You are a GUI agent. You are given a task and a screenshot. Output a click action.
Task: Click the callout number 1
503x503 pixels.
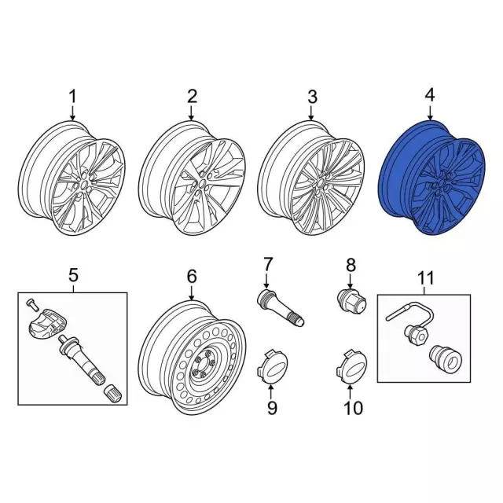click(73, 97)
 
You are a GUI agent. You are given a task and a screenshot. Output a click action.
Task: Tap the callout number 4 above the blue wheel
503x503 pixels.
click(430, 96)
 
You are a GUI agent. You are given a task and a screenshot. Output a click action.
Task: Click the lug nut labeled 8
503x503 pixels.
click(353, 301)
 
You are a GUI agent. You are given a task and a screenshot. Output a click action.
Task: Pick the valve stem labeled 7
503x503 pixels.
click(281, 308)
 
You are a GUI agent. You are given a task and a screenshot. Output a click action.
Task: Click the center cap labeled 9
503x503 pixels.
click(272, 367)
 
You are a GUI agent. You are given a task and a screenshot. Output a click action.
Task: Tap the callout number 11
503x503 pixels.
click(426, 278)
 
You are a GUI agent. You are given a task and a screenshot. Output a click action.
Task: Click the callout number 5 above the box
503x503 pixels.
click(73, 275)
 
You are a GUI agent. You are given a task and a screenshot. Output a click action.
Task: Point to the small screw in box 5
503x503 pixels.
click(31, 304)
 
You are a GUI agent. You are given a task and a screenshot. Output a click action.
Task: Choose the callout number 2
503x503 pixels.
click(192, 96)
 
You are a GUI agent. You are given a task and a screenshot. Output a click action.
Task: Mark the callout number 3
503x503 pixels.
click(312, 97)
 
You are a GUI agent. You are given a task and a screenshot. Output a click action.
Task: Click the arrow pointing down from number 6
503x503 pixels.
click(192, 293)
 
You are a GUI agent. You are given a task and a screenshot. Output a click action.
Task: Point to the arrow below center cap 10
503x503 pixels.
click(351, 391)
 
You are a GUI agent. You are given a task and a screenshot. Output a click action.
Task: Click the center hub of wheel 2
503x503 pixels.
click(203, 183)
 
